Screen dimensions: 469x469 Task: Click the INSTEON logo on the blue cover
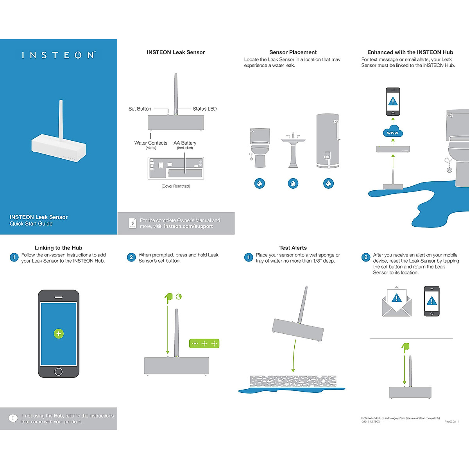coord(59,55)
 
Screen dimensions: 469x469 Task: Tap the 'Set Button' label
coord(140,109)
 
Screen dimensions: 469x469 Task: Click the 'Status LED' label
coord(204,109)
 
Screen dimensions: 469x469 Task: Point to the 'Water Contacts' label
coord(151,143)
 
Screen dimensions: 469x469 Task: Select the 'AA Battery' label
coord(185,143)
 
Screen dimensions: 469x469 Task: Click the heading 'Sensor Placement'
coord(293,52)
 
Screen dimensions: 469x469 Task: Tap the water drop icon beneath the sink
coord(293,183)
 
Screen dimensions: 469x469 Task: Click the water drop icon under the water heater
coord(329,183)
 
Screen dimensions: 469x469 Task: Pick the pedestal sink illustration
coord(293,150)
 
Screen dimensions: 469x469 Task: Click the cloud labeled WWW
coord(393,132)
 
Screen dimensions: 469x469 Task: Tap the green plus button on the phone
coord(59,334)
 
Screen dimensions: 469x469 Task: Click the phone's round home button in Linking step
coord(59,371)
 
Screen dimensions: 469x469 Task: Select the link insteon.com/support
coord(188,226)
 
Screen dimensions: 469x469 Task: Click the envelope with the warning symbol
coord(397,303)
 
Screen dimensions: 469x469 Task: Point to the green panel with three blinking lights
coord(204,344)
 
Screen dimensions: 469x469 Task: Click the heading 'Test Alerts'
coord(293,248)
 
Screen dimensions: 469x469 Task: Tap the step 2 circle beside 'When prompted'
coord(131,257)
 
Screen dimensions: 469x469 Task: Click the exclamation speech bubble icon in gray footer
coord(13,419)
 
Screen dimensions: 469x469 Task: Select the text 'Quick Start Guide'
coord(31,224)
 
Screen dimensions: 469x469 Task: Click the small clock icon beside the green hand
coord(179,297)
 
